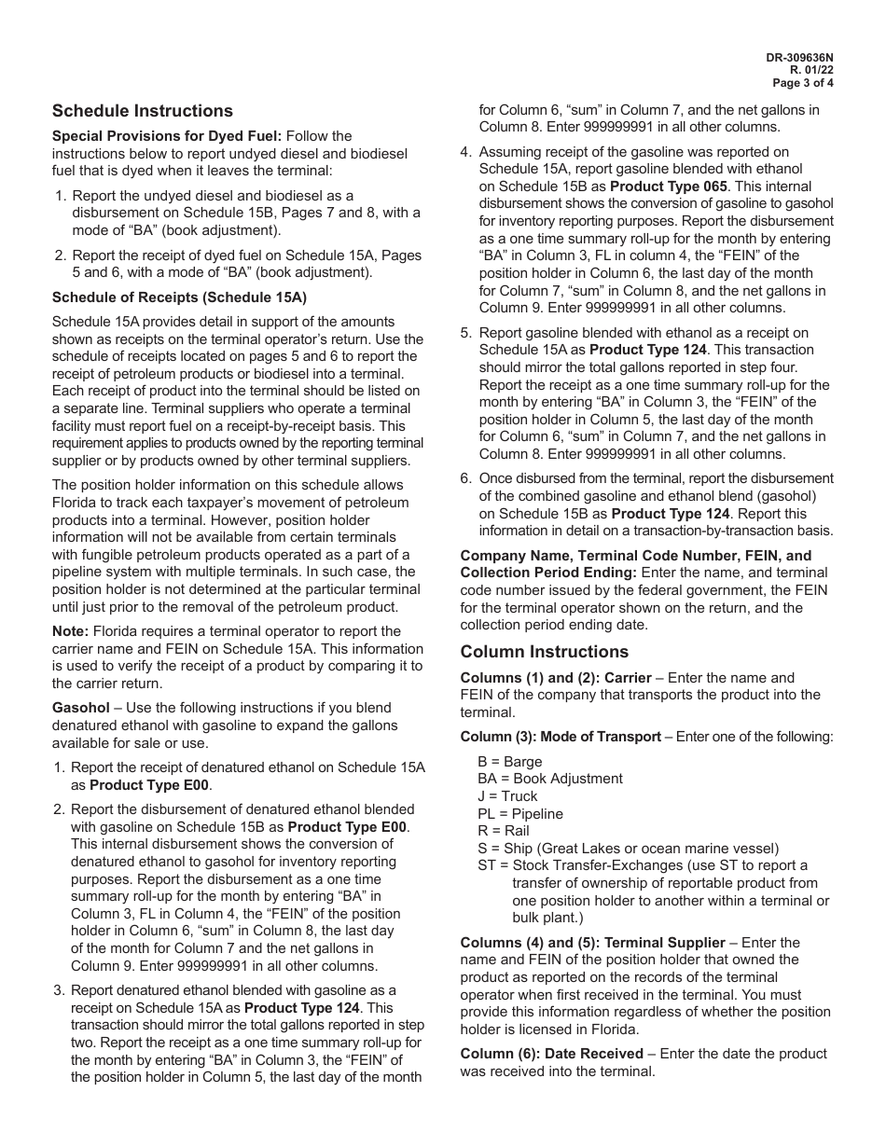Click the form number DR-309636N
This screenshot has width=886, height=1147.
800,57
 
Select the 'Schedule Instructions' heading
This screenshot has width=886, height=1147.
143,111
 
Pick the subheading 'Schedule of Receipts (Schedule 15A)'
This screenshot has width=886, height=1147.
179,297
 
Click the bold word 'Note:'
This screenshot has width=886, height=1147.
70,631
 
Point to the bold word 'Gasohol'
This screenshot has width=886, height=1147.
80,708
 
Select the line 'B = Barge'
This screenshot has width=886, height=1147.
509,762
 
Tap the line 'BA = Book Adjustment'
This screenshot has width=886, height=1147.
549,779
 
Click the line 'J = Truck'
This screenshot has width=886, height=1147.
507,796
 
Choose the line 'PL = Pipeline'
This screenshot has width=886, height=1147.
520,814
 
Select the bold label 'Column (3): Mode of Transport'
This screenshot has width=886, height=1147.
561,737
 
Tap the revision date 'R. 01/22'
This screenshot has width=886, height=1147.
812,70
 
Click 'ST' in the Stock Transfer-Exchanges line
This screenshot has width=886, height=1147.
486,865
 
